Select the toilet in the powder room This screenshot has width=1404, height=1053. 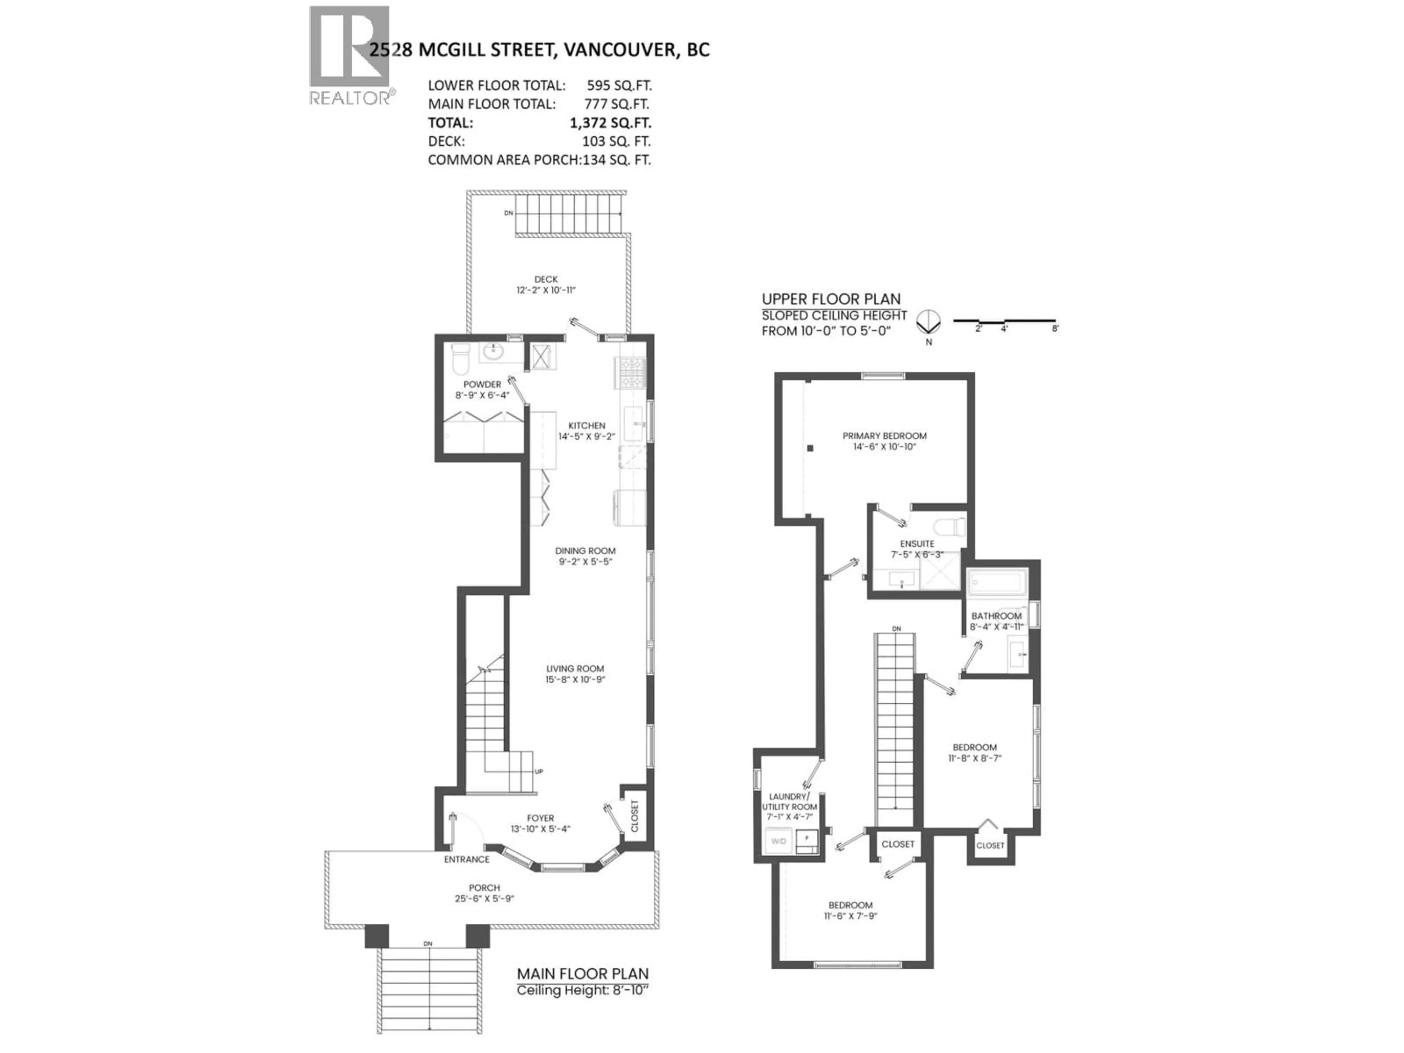pyautogui.click(x=460, y=360)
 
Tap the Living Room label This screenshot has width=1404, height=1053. pyautogui.click(x=575, y=668)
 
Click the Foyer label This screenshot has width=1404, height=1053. pyautogui.click(x=540, y=818)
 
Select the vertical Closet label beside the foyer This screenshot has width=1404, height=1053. pyautogui.click(x=635, y=816)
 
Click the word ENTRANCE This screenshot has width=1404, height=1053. pyautogui.click(x=467, y=860)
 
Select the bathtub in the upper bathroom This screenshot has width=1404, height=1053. pyautogui.click(x=996, y=581)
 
